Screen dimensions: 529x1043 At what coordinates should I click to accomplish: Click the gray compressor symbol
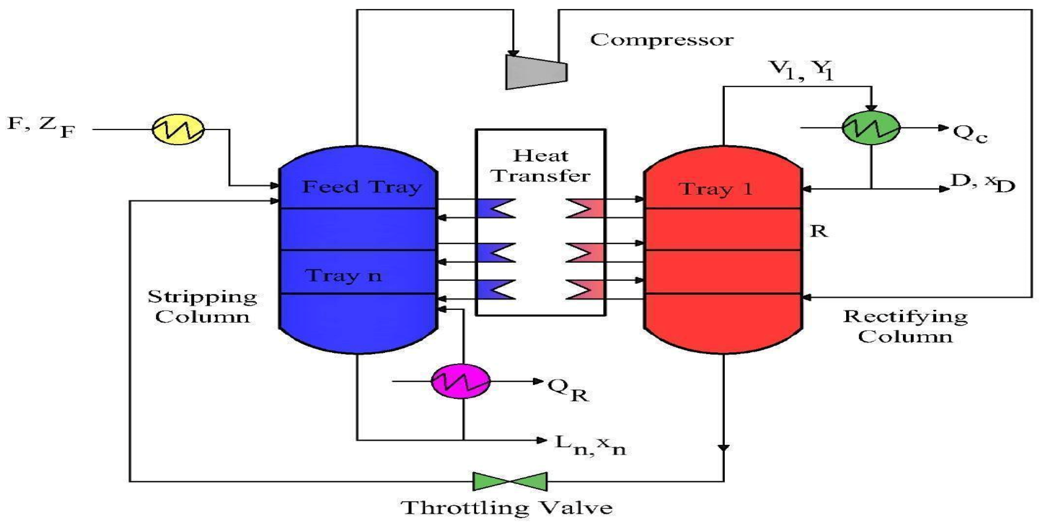(x=535, y=72)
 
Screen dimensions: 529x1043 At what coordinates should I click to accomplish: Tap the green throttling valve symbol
(x=510, y=481)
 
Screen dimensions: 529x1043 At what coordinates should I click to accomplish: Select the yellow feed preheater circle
(x=178, y=129)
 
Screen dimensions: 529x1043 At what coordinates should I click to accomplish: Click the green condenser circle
(x=871, y=128)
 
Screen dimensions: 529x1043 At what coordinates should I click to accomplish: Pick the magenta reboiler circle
(x=461, y=381)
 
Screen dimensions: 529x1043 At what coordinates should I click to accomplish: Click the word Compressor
(x=661, y=40)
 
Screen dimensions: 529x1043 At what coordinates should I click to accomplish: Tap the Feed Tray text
(x=362, y=187)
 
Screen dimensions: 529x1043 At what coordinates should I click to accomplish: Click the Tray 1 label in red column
(x=715, y=189)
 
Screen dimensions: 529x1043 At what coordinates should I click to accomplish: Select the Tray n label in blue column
(x=344, y=276)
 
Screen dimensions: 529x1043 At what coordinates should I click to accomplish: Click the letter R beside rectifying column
(x=819, y=231)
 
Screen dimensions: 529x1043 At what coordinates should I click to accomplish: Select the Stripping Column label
(x=202, y=306)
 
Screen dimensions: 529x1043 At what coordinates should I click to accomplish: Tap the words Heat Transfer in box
(x=540, y=166)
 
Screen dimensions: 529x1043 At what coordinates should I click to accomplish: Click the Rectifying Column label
(x=905, y=326)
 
